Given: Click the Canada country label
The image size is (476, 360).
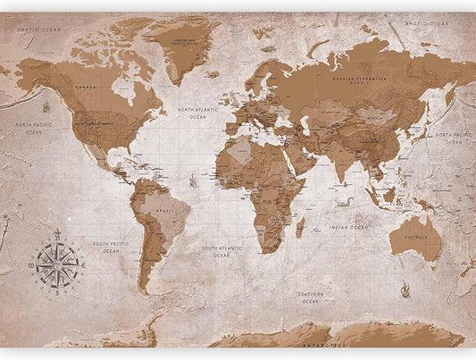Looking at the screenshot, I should pos(86,87).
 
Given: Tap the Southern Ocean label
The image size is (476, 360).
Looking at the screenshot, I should pos(311,297).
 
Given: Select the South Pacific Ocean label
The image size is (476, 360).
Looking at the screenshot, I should pos(112,247).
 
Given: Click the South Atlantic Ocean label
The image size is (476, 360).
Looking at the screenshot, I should pos(221,251).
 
